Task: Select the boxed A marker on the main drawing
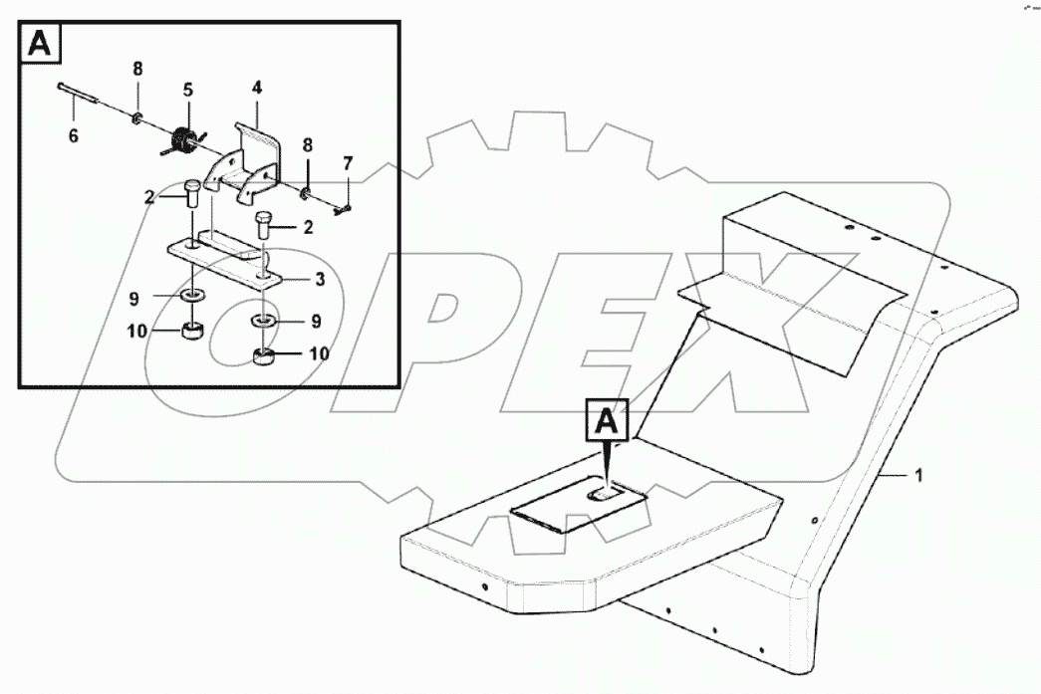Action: pyautogui.click(x=610, y=422)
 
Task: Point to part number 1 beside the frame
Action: pyautogui.click(x=918, y=476)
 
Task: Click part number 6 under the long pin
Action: pyautogui.click(x=73, y=136)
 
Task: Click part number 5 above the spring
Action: pyautogui.click(x=186, y=89)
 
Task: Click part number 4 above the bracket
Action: pyautogui.click(x=256, y=88)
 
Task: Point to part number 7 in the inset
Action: pyautogui.click(x=348, y=162)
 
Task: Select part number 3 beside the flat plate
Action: pyautogui.click(x=320, y=280)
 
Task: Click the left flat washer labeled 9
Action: pyautogui.click(x=189, y=296)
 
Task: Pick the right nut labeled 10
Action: pyautogui.click(x=264, y=356)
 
